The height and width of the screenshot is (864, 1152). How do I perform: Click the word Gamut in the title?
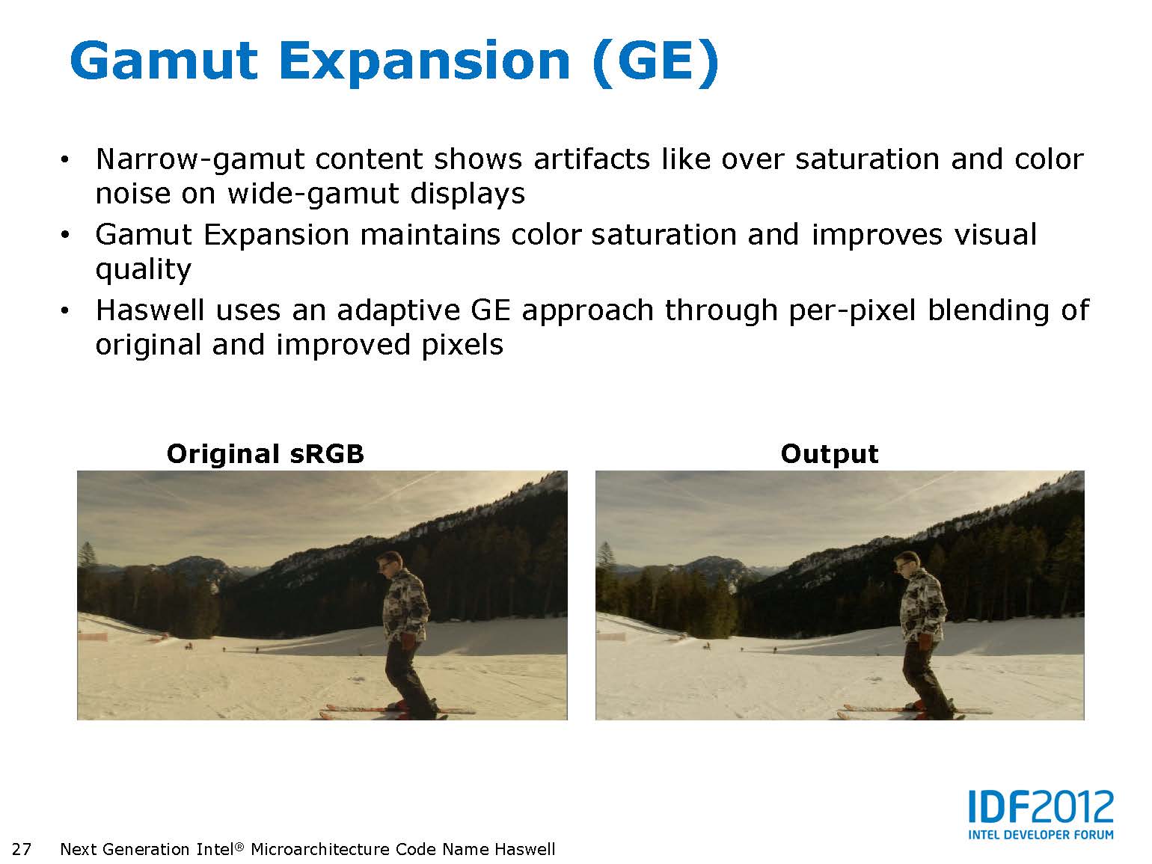coord(163,62)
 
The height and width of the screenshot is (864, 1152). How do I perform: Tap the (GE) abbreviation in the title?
coord(655,62)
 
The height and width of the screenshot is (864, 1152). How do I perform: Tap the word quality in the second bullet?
coord(144,271)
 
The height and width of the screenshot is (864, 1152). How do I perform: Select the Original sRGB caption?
coord(265,454)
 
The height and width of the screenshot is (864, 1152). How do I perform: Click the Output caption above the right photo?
coord(830,454)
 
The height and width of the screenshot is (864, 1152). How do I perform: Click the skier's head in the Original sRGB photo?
coord(390,565)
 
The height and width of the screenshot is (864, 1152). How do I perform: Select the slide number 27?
coord(22,849)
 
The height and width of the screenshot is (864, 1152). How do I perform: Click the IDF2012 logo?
coord(1041,807)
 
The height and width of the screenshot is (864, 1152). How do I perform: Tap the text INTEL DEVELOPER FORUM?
coord(1041,835)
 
